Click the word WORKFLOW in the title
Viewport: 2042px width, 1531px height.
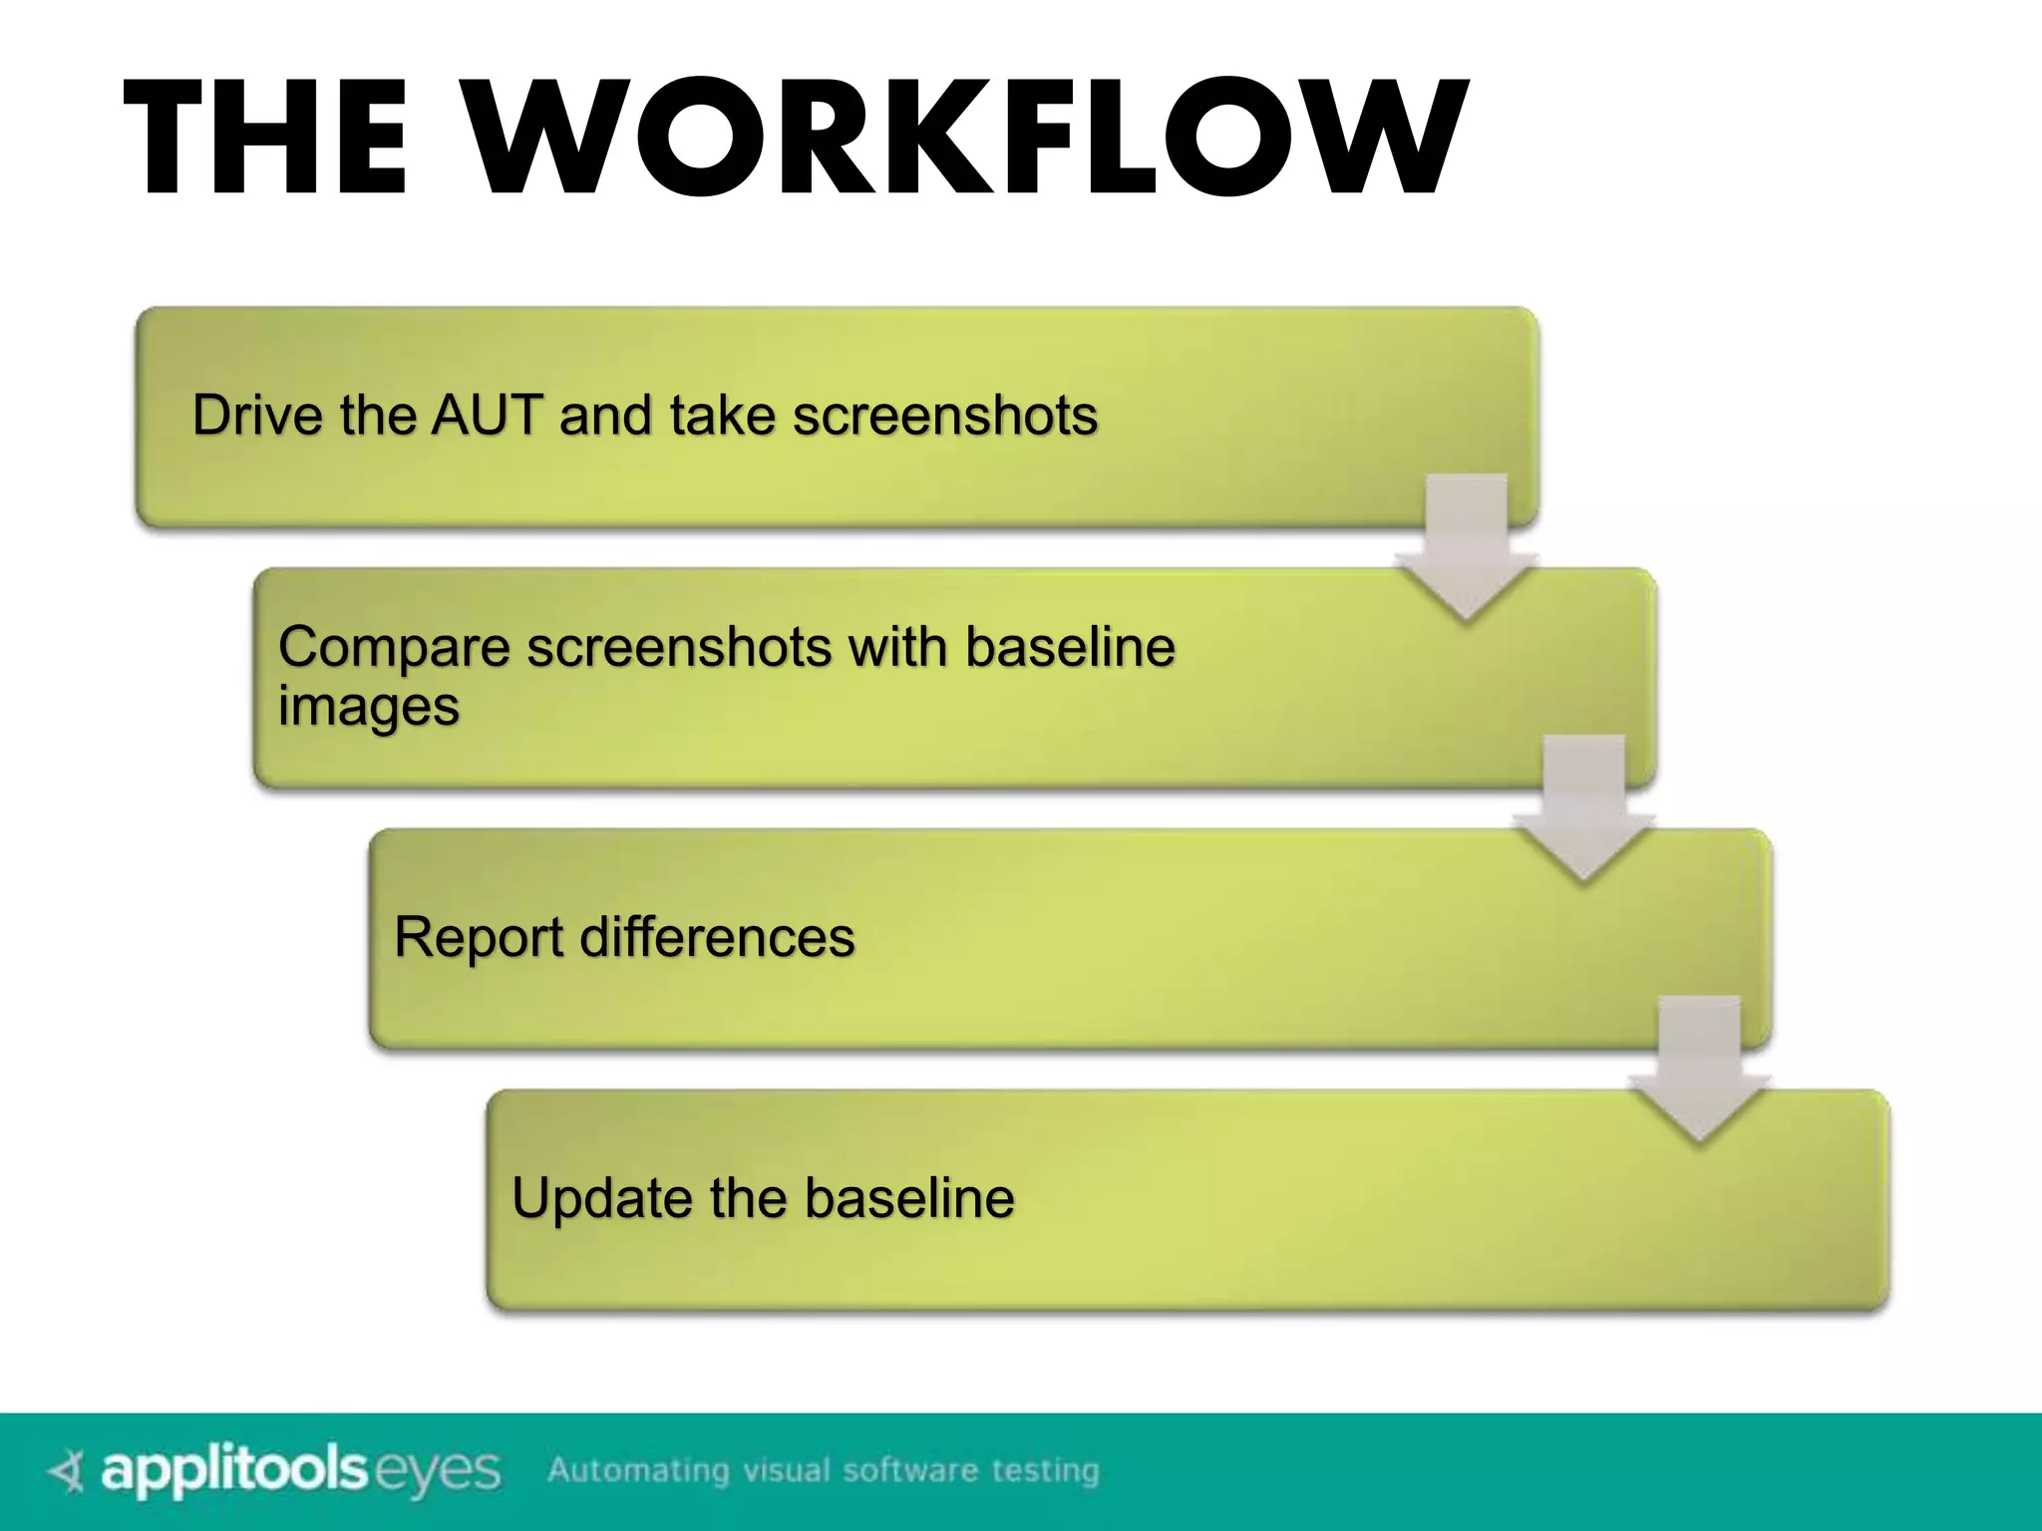967,140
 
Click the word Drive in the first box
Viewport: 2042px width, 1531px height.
257,415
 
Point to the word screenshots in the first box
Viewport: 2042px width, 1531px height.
944,415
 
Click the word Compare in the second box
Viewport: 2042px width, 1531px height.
394,648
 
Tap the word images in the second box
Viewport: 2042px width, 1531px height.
368,708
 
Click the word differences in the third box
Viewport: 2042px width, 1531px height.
717,938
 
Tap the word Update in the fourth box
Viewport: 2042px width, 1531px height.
601,1198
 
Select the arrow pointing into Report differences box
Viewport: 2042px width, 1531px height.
1583,807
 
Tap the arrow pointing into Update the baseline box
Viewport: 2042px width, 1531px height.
1700,1069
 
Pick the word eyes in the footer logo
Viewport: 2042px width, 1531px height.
439,1472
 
